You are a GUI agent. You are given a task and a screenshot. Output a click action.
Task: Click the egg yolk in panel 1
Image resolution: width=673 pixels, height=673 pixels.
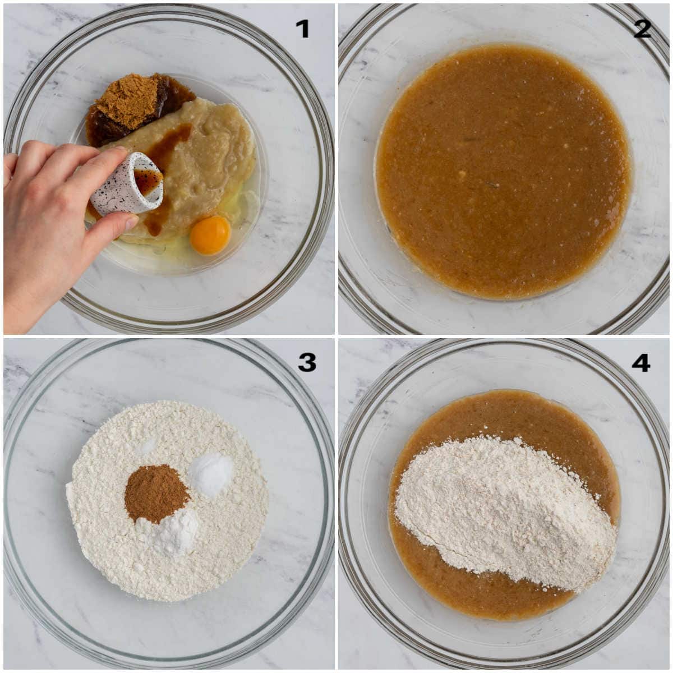click(210, 234)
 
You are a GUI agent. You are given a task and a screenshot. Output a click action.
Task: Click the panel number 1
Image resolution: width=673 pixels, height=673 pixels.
click(302, 29)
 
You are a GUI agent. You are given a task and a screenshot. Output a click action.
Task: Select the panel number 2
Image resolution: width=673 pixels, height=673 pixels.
click(642, 29)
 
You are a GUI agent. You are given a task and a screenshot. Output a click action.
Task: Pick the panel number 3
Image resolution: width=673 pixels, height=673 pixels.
click(307, 362)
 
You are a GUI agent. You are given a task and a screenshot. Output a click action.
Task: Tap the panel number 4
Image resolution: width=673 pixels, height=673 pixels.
click(641, 362)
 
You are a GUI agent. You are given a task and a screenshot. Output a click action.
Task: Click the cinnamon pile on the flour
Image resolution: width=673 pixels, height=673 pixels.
click(156, 492)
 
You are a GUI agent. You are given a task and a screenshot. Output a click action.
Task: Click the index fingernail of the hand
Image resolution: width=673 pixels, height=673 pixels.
click(121, 150)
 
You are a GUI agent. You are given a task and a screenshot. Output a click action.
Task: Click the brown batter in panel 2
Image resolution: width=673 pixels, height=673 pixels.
click(504, 172)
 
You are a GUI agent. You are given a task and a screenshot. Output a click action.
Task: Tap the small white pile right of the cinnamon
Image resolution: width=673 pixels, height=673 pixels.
click(211, 474)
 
